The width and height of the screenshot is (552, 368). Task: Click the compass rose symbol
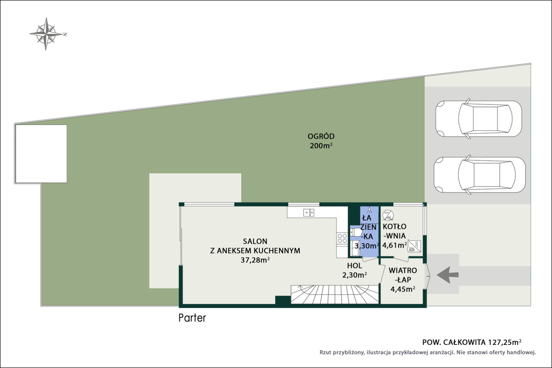pos(46,34)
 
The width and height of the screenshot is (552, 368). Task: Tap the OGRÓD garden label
pos(321,136)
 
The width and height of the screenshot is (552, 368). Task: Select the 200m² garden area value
pos(321,146)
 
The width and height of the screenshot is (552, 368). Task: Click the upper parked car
pos(478,119)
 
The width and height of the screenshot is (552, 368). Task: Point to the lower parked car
pos(479,175)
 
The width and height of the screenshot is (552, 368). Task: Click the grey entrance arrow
pos(448,275)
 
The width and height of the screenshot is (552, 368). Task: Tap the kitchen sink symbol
pos(308,213)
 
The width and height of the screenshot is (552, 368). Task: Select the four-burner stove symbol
pos(342,238)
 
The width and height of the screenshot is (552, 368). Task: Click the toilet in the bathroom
pos(356,232)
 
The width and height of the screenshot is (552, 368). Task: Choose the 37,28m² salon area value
pos(255,260)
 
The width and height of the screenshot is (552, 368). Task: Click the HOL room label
pos(355,265)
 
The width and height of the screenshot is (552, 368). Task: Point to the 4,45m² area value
pos(403,289)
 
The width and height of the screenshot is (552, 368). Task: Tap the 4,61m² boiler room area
pos(394,245)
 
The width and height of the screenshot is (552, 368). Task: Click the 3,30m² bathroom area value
pos(367,245)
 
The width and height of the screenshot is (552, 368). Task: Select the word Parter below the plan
pos(192,318)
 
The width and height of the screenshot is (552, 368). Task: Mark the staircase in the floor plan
pos(335,294)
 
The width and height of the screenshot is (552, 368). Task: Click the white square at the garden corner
pos(41,154)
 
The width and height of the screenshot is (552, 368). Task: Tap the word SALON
pos(255,241)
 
